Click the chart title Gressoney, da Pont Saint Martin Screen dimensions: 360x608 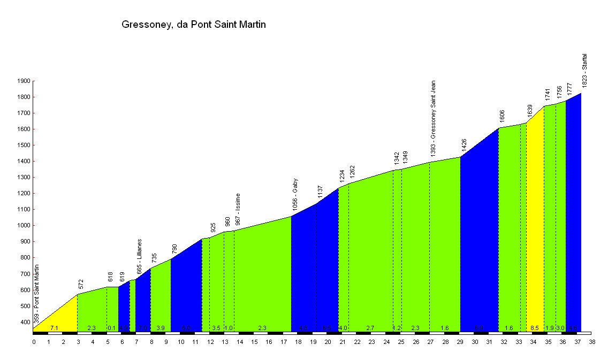coord(194,25)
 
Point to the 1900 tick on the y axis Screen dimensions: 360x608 coord(23,81)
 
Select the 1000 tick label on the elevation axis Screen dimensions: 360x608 coord(23,226)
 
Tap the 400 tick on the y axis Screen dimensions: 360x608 coord(25,322)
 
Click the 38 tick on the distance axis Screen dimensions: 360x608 coord(591,341)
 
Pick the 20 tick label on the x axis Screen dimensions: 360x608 coord(327,341)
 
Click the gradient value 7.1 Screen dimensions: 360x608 coord(54,328)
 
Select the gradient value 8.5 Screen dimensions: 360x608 coord(535,328)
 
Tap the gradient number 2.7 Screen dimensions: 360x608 coord(370,328)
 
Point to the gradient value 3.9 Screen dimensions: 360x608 coord(160,328)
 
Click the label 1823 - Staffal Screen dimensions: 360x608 coord(585,70)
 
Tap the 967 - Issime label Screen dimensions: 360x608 coord(238,209)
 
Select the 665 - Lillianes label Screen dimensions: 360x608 coord(140,257)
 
